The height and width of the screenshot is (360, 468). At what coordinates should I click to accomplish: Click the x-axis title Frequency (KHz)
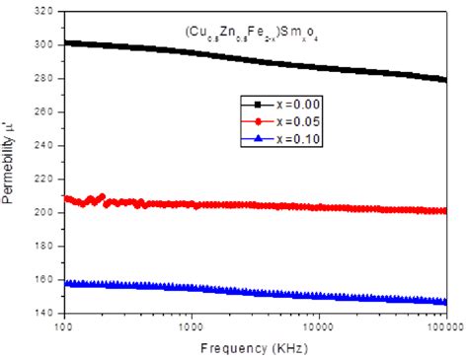coord(256,349)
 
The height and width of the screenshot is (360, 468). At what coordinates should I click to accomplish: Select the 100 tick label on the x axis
coord(64,324)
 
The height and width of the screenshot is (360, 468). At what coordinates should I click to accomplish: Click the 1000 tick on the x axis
coord(191,324)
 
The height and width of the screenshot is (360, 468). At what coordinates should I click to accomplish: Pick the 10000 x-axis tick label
coord(318,324)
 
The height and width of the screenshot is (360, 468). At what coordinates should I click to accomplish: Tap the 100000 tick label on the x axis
coord(443,324)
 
